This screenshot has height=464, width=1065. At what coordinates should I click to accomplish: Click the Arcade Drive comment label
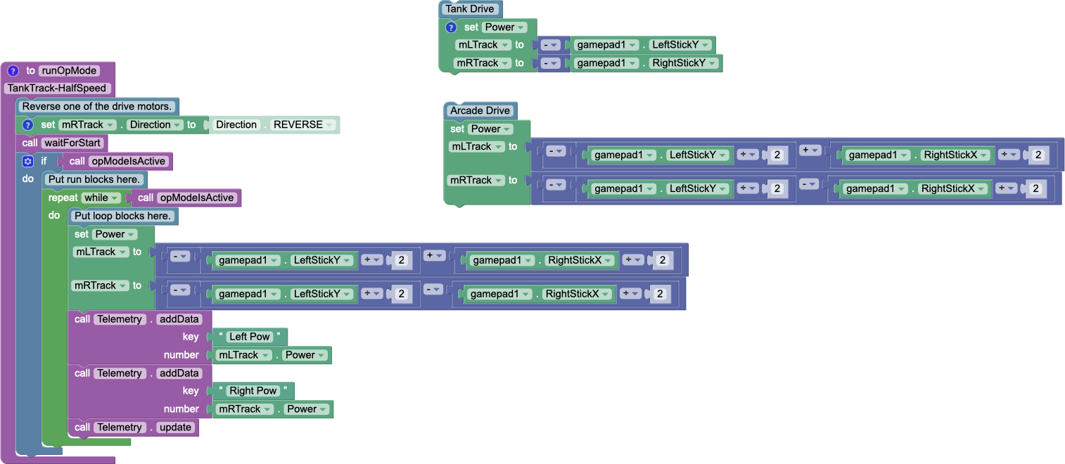pos(480,111)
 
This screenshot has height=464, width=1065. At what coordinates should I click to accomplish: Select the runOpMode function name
pos(69,70)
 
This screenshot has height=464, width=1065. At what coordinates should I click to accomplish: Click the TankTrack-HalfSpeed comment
pos(57,89)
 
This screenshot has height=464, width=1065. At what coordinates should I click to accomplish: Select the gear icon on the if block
pos(28,162)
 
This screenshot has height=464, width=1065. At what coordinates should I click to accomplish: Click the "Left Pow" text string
pos(250,337)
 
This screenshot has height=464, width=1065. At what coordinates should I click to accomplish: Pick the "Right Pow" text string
pos(253,391)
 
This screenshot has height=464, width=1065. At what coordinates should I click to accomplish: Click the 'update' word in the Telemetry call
pos(175,427)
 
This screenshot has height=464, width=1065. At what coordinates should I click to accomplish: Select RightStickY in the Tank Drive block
pos(684,63)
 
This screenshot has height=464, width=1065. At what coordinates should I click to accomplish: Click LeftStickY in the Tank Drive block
pos(680,45)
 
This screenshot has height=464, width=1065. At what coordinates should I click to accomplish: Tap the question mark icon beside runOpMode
pos(13,70)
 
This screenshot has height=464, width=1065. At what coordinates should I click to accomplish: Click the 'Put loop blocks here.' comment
pos(122,217)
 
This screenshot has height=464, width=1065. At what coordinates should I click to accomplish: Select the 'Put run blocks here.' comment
pos(95,180)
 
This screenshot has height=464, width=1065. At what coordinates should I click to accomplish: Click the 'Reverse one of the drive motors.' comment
pos(97,107)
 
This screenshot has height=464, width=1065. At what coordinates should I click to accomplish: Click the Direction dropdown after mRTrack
pos(155,125)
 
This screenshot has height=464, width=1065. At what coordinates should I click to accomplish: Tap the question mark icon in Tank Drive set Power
pos(452,27)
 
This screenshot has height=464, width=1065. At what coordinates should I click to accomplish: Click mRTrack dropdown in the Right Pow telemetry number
pos(245,409)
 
